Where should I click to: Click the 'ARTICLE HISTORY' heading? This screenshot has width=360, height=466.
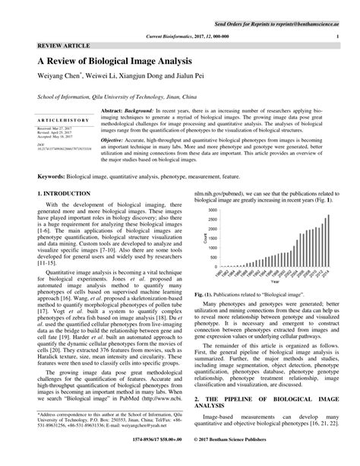57,121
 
